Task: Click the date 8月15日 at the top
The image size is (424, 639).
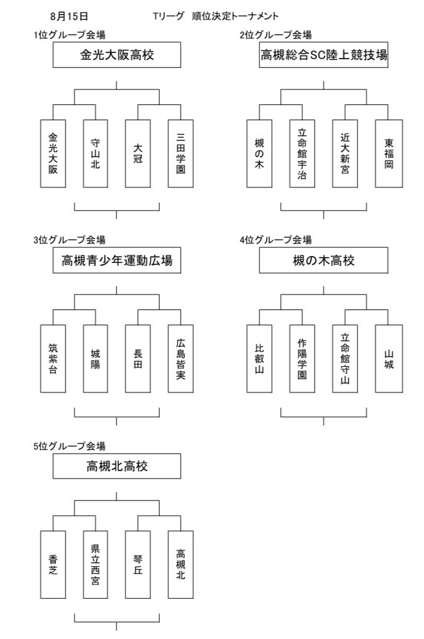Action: (69, 16)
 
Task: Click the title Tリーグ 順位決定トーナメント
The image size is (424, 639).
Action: (216, 16)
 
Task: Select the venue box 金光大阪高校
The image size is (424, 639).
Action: (116, 55)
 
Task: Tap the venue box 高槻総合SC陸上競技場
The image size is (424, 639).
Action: (324, 55)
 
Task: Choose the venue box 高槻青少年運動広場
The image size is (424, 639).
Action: (116, 260)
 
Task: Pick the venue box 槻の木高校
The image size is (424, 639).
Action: (324, 260)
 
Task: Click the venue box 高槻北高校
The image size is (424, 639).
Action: (116, 465)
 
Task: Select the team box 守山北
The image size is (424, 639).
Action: (96, 153)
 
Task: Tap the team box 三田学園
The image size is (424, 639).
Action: (181, 153)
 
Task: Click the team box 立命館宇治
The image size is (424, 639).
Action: (302, 153)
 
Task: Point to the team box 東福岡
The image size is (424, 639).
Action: (389, 153)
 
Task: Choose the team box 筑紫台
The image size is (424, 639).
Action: (53, 358)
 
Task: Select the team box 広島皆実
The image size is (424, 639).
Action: (181, 358)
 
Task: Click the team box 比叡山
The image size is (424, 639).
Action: (259, 358)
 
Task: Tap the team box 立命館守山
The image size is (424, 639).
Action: (345, 358)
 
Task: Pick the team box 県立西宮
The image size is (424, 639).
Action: (96, 564)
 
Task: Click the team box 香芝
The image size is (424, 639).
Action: (53, 564)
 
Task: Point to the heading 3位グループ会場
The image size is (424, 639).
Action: (70, 240)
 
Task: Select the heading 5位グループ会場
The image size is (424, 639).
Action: (70, 446)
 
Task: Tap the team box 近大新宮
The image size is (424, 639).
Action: (345, 153)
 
